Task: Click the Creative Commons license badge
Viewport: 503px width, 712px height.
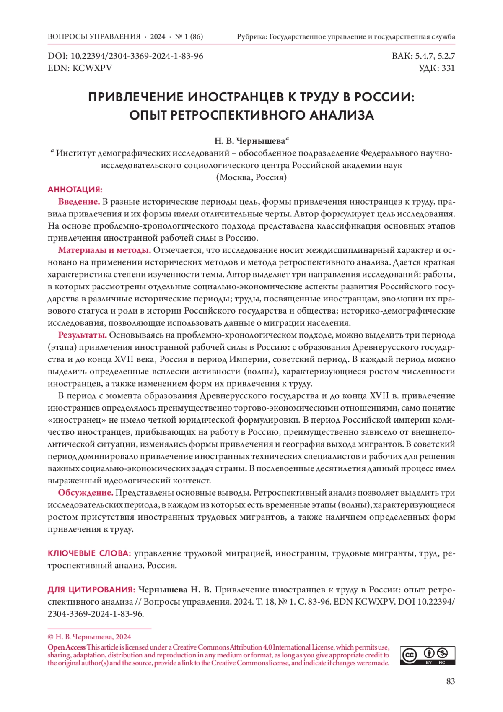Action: tap(428, 655)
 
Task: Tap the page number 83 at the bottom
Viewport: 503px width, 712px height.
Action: tap(450, 681)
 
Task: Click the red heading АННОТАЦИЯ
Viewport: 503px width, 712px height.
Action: tap(75, 190)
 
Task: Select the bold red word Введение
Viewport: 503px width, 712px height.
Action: tap(79, 202)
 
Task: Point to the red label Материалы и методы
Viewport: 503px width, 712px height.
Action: tap(104, 250)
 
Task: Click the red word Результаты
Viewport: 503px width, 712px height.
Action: tap(82, 335)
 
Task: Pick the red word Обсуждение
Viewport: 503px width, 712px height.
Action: tap(86, 493)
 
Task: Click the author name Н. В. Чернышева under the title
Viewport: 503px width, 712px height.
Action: tap(250, 141)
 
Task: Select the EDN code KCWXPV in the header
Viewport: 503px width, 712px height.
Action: tap(92, 68)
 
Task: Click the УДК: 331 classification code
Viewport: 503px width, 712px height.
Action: tap(437, 68)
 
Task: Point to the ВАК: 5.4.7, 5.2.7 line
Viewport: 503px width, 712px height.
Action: tap(423, 56)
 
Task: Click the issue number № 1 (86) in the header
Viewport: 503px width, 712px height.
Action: tap(189, 36)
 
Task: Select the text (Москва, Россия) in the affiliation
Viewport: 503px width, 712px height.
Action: tap(251, 177)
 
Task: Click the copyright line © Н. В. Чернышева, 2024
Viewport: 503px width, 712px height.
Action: tap(89, 637)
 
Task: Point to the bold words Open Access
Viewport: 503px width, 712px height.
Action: tap(67, 647)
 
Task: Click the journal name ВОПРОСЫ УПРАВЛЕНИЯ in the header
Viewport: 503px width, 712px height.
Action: tap(94, 36)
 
